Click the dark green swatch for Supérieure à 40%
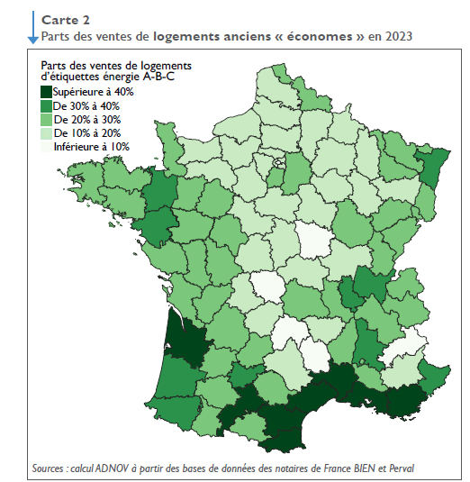tap(45, 92)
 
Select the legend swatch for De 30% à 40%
tap(45, 105)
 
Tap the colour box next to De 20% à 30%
tap(45, 119)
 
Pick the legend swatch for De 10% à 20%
tap(45, 132)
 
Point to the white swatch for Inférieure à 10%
tap(45, 146)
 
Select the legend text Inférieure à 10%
tap(91, 146)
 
